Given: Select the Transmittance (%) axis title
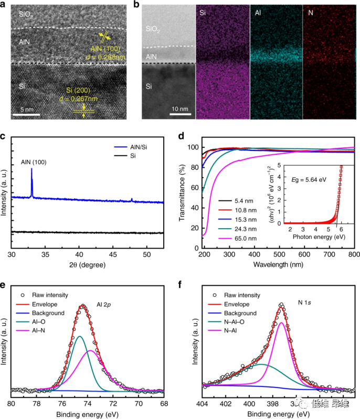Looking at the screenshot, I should pyautogui.click(x=184, y=191).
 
